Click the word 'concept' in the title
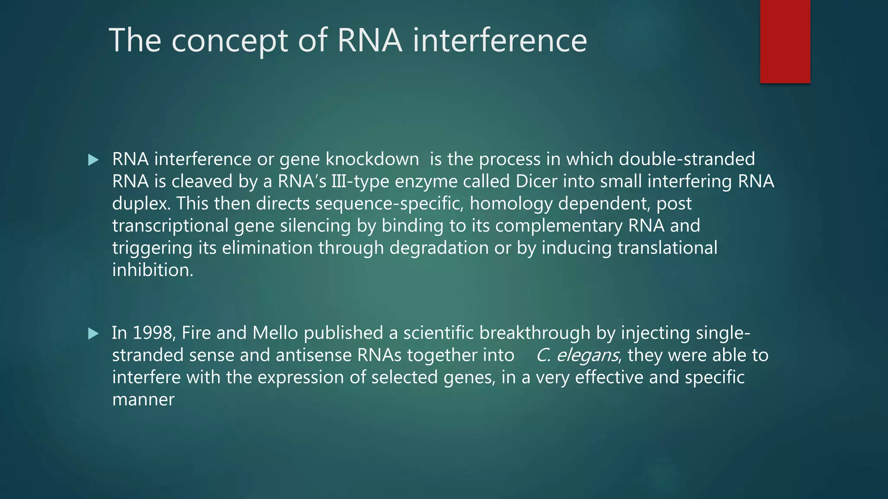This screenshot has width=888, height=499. pos(230,41)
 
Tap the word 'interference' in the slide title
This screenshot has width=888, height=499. pos(499,41)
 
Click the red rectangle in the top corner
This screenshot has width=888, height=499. pos(785,41)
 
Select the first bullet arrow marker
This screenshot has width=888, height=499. pos(93,160)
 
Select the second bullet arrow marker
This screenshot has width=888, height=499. pos(93,334)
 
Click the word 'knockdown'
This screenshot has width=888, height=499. pos(372,159)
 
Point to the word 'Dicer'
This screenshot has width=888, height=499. pos(536,181)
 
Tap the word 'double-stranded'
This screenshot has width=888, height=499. pos(687,159)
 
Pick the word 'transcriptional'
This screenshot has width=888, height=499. pos(170,226)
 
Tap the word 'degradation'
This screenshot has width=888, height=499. pos(439,248)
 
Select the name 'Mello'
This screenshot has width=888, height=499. pos(275,333)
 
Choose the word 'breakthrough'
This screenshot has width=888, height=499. pos(535,333)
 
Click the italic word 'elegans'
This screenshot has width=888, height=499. pos(588,356)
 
